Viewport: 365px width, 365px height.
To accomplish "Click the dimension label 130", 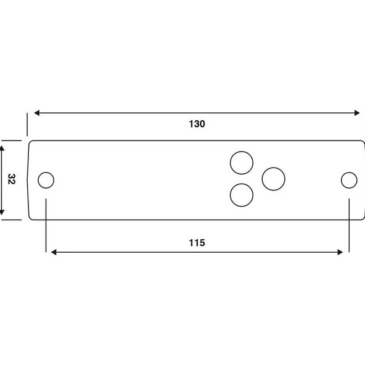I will pyautogui.click(x=197, y=123).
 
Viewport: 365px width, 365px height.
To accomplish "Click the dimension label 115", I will pyautogui.click(x=197, y=242).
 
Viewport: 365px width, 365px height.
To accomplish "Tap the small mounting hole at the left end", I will pyautogui.click(x=46, y=180).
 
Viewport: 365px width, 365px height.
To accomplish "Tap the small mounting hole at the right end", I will pyautogui.click(x=349, y=180).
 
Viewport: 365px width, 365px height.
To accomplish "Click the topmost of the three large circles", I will pyautogui.click(x=241, y=163).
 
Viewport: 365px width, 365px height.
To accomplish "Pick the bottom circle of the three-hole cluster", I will pyautogui.click(x=241, y=195).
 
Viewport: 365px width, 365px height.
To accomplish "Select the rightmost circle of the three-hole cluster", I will pyautogui.click(x=273, y=179).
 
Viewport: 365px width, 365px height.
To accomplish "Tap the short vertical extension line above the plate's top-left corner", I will pyautogui.click(x=28, y=124).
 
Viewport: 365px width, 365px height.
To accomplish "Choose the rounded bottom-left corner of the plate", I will pyautogui.click(x=31, y=216).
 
